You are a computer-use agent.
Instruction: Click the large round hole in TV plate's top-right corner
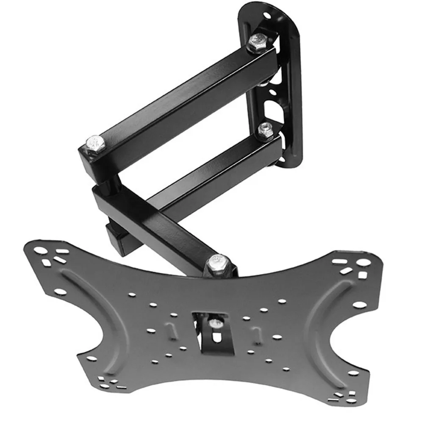[363, 262]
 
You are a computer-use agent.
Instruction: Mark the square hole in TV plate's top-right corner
[362, 275]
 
